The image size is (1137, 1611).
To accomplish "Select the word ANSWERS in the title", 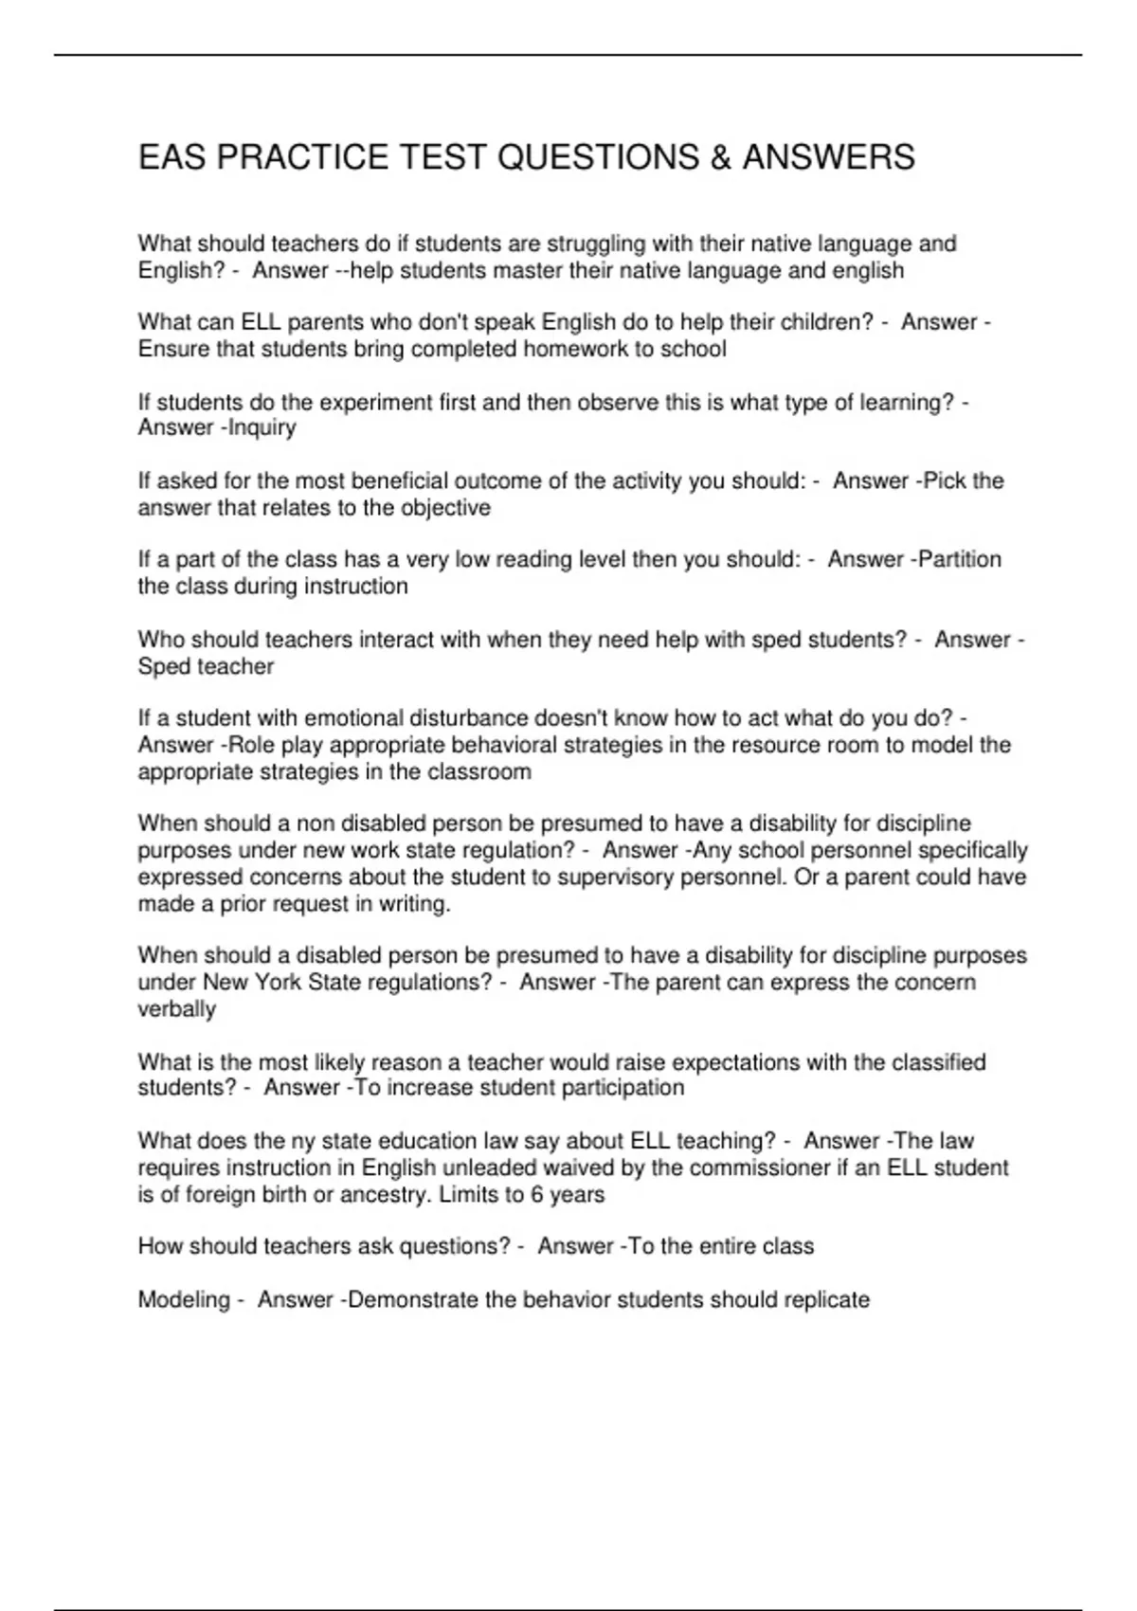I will coord(828,157).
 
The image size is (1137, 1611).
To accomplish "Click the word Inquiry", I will coord(261,428).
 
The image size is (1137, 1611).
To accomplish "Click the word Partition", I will coord(959,560).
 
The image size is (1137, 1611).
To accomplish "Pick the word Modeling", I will coord(184,1299).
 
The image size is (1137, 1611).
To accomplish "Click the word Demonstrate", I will coord(412,1299).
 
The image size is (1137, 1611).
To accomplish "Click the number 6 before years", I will coord(537,1194).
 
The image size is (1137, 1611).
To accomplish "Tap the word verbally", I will coord(177,1009).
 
